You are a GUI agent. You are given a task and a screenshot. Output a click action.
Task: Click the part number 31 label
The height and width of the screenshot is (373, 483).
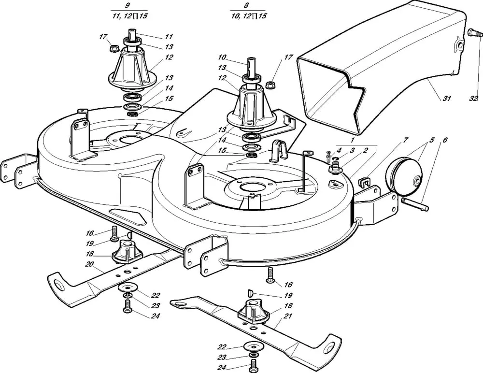pos(446,99)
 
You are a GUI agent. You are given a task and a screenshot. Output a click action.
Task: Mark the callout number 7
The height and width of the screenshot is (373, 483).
pos(406,140)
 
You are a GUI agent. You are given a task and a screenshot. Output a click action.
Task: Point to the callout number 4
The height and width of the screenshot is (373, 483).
pos(339,151)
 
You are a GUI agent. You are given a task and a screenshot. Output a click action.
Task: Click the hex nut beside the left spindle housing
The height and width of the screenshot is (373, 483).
pos(115,48)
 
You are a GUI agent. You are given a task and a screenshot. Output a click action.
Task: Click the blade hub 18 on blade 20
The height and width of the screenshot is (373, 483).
pos(127,251)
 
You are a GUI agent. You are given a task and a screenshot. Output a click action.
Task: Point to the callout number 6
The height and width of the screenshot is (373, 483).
pos(445,140)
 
